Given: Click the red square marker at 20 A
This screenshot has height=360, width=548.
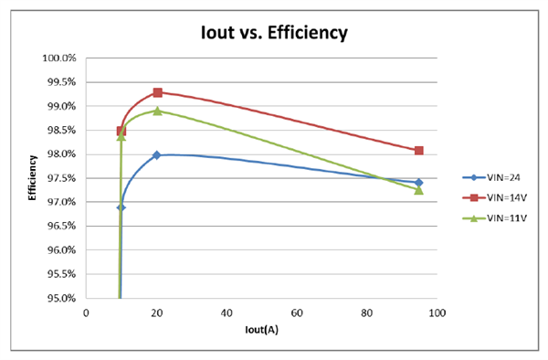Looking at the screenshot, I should coord(157,92).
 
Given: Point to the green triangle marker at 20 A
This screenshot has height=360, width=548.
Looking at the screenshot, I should coord(157,111).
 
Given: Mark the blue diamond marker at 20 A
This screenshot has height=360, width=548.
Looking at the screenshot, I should coord(157,155).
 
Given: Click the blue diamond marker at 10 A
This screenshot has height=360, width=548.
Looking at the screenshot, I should coord(121,207).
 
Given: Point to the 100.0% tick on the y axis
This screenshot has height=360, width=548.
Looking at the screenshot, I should coord(61,58).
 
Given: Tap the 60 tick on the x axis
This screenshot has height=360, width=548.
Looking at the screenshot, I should coord(297,312).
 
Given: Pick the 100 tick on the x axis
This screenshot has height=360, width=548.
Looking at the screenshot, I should coord(437,312).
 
